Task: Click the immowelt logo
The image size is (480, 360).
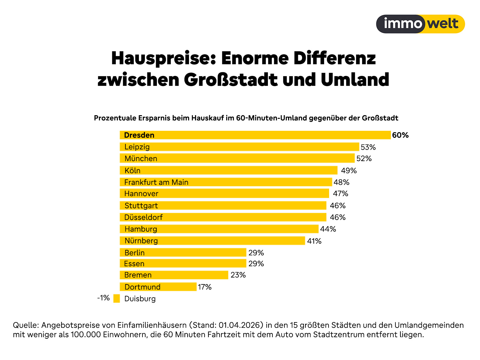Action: point(420,24)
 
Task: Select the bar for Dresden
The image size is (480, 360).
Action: point(255,135)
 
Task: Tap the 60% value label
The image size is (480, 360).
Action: point(400,135)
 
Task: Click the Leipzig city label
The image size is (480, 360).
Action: point(137,147)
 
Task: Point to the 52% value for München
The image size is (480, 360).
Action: point(364,158)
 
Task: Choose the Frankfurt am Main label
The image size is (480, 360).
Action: point(156,182)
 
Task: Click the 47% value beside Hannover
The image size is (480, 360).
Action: point(340,193)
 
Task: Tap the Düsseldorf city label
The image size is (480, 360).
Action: point(143,217)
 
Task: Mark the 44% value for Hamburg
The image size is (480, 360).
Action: point(328,229)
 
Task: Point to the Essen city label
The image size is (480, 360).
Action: point(134,264)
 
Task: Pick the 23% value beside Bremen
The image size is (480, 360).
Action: point(238,275)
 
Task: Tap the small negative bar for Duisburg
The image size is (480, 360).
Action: point(116,298)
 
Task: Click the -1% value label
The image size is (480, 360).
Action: point(103,298)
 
